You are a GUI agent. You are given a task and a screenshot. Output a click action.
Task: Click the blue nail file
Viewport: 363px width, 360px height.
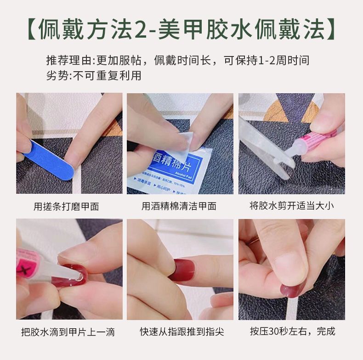[x=48, y=158]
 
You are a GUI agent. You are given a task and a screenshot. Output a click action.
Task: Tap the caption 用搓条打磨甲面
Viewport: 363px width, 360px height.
[x=66, y=206]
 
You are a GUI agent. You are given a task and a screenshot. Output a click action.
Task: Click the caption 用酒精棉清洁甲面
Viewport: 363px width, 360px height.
[x=179, y=206]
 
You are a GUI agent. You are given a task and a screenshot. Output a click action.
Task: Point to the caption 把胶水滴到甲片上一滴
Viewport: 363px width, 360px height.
[x=68, y=332]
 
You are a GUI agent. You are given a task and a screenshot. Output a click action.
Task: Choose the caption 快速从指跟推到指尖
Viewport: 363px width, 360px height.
[x=181, y=332]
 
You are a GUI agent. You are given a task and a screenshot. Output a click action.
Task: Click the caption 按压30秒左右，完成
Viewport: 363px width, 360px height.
[x=293, y=331]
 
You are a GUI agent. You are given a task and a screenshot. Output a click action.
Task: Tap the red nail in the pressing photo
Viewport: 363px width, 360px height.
[x=292, y=289]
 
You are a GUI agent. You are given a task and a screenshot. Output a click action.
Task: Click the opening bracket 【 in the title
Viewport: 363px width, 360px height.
[x=28, y=29]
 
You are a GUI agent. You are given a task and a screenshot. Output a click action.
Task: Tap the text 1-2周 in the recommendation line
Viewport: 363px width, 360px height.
[x=275, y=61]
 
